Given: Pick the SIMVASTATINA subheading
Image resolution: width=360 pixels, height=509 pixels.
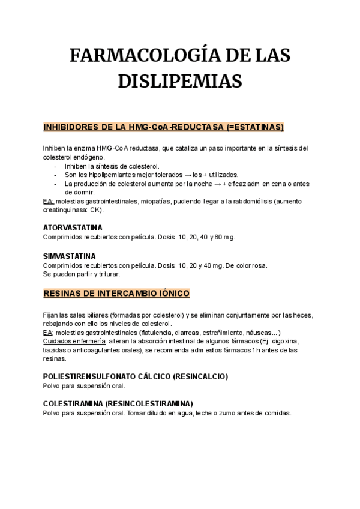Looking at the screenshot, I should pyautogui.click(x=70, y=256).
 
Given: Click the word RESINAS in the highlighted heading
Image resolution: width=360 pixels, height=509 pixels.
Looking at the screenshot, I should pyautogui.click(x=63, y=294).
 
